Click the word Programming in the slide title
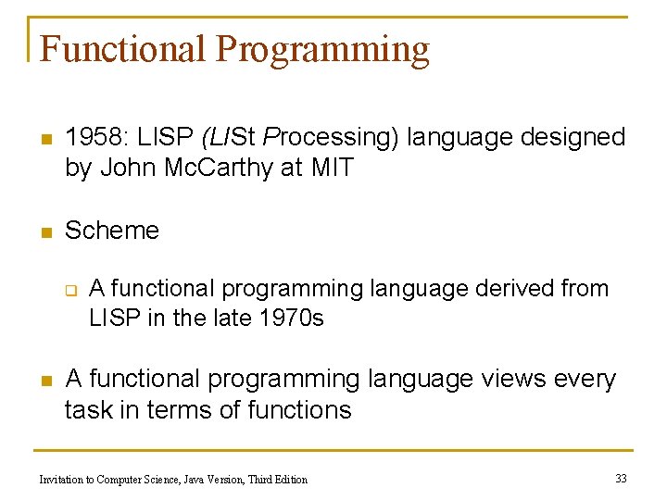click(322, 48)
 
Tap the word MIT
click(333, 169)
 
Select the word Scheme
click(112, 230)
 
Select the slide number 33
click(621, 478)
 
